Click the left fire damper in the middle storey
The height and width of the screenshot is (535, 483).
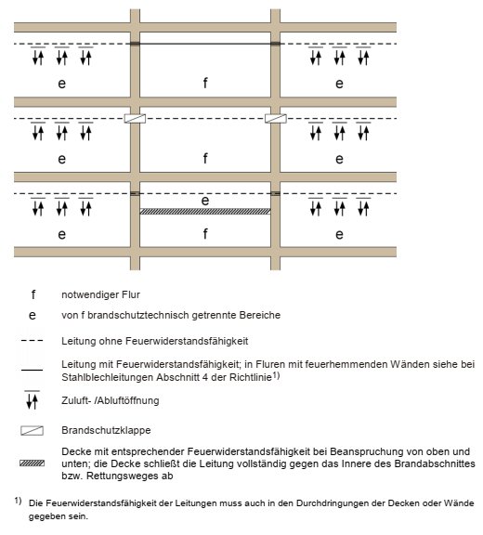(135, 118)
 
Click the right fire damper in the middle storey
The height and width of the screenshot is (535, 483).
(276, 118)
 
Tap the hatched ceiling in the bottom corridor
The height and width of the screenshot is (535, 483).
(205, 212)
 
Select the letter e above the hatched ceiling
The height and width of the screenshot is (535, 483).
(205, 201)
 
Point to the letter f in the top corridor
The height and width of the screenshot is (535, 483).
(205, 83)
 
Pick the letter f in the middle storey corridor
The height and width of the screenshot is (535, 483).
(205, 158)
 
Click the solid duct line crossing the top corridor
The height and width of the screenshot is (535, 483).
(205, 44)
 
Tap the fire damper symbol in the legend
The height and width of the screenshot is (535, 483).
(33, 430)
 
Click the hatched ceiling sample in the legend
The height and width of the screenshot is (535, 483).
(33, 463)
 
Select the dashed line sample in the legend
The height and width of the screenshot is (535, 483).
(33, 341)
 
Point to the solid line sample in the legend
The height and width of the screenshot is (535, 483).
(33, 370)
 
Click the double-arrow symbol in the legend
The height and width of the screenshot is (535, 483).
(33, 400)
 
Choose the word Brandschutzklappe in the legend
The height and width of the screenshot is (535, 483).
(106, 430)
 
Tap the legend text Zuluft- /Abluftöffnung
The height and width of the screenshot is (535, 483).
(111, 400)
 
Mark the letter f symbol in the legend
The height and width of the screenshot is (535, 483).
(33, 294)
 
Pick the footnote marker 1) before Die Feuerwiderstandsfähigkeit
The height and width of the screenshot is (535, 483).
(18, 501)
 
